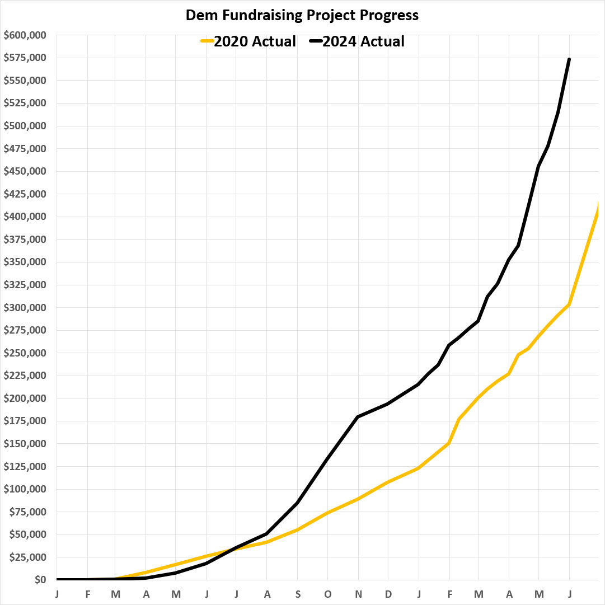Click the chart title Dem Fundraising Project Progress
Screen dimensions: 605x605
302,15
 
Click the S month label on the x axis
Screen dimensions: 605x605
297,594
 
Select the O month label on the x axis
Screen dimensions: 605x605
327,594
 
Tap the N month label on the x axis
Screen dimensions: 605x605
358,594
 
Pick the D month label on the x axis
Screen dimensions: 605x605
388,594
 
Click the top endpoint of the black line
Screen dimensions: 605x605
569,59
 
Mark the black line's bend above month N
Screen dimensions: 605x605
358,417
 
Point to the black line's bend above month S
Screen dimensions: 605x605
297,503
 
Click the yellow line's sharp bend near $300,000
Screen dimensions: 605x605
569,304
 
